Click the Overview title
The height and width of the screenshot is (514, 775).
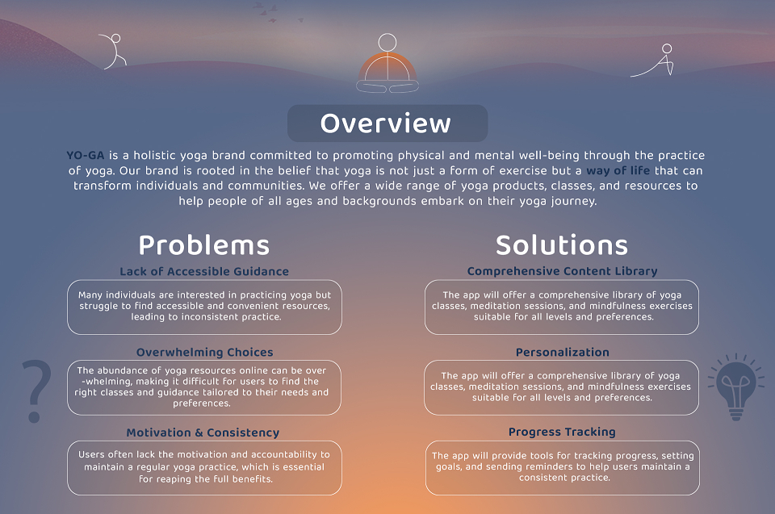[x=386, y=123]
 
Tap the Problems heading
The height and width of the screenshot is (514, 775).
[x=204, y=245]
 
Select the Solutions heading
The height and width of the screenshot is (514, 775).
[x=562, y=245]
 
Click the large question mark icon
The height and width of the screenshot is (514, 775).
[x=36, y=391]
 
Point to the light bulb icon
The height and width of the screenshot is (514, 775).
[x=736, y=387]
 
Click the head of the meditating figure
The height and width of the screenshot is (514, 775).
[x=387, y=43]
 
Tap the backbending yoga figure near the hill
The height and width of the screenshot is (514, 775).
[x=114, y=52]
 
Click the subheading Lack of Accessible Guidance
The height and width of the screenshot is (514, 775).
[x=204, y=271]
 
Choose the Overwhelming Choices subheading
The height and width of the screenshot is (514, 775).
[x=204, y=353]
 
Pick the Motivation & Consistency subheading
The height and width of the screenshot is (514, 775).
[x=203, y=433]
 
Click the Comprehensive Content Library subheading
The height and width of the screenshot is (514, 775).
[x=563, y=271]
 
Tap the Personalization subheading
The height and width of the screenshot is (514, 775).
[x=563, y=353]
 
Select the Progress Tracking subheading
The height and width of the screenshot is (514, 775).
[x=562, y=432]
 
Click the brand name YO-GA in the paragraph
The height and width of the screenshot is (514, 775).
[x=86, y=155]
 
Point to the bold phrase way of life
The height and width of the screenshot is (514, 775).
[x=618, y=170]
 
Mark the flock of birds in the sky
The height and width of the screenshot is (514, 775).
[x=277, y=13]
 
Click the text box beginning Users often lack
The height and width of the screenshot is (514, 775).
[x=204, y=467]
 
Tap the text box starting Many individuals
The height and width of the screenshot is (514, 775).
[x=204, y=307]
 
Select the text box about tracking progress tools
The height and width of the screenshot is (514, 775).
[x=563, y=467]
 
